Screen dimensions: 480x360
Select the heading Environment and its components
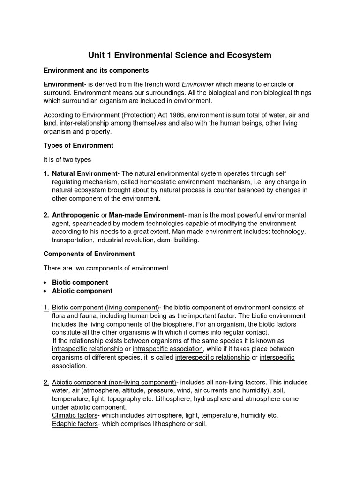96,70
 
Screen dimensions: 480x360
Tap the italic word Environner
197,84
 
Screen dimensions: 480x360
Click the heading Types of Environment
78,145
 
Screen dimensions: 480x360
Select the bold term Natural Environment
84,173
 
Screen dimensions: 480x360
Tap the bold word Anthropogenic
75,215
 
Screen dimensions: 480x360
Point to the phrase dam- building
180,240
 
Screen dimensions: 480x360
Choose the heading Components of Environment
89,254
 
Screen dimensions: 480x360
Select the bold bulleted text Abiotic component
82,291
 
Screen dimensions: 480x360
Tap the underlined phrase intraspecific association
168,349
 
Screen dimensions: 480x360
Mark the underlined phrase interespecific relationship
212,358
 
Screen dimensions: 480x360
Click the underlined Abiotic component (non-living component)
114,382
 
